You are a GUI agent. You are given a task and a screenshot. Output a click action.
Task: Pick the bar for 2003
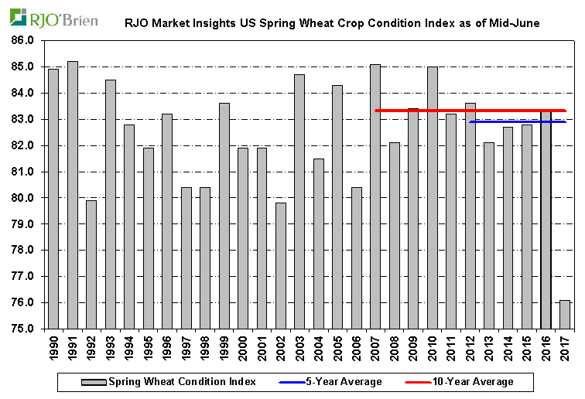[x=299, y=201]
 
